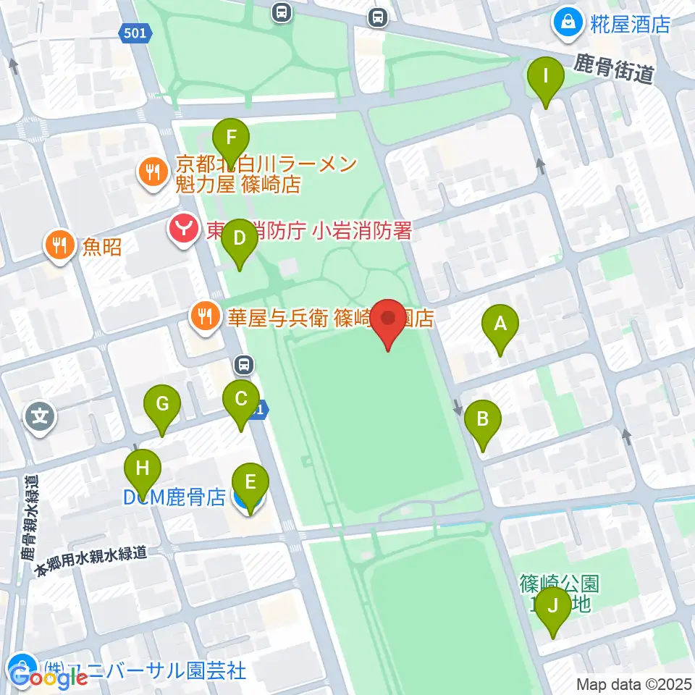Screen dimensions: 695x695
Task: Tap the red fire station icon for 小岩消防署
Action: tap(183, 229)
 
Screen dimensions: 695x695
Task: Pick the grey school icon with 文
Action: tap(41, 416)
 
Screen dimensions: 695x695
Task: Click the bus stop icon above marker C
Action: tap(244, 365)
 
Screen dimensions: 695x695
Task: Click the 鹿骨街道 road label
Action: tap(614, 70)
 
